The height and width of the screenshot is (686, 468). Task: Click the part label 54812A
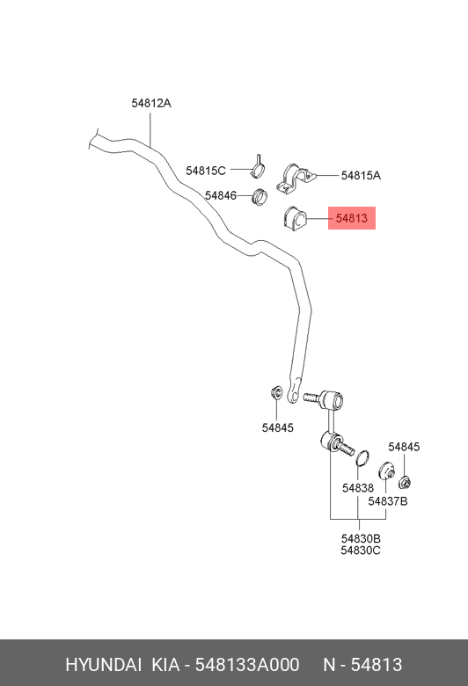[x=151, y=103]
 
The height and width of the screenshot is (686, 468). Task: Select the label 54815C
[x=205, y=171]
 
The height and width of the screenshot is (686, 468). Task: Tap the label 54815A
[x=361, y=175]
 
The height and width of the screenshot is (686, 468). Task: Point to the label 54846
[x=220, y=195]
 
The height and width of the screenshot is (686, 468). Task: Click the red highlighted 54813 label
[x=352, y=218]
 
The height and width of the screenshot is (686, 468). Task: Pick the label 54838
[x=358, y=488]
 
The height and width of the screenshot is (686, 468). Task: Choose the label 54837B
[x=387, y=501]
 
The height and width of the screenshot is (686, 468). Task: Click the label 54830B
[x=361, y=538]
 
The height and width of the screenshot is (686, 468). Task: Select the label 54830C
[x=361, y=551]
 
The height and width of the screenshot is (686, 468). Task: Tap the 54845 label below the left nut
[x=278, y=427]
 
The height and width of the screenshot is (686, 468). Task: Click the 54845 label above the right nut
[x=404, y=447]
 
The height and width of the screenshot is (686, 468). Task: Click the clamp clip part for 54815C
[x=259, y=167]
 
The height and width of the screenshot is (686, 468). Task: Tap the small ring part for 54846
[x=260, y=196]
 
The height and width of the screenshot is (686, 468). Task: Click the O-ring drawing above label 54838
[x=362, y=458]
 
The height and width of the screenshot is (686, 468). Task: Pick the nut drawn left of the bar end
[x=276, y=392]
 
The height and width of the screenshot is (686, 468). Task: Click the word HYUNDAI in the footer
[x=103, y=665]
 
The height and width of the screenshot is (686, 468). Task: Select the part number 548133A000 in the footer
[x=247, y=665]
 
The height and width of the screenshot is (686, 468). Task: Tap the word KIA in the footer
[x=165, y=665]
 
